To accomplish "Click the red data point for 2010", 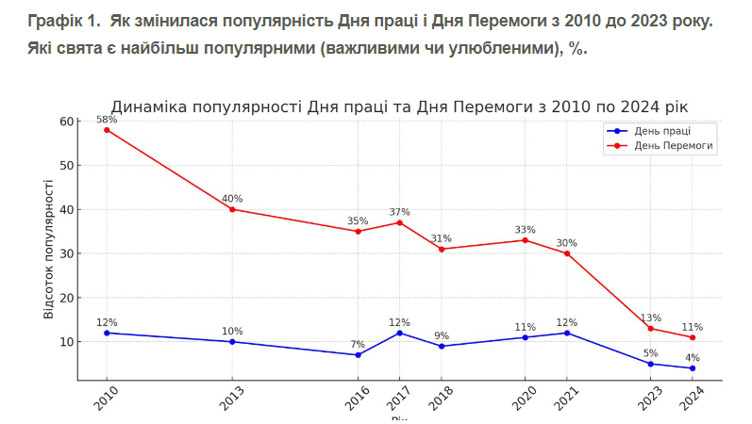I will pyautogui.click(x=107, y=129).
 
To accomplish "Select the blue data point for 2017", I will pyautogui.click(x=399, y=333).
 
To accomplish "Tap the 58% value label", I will pyautogui.click(x=107, y=120).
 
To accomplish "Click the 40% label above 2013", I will pyautogui.click(x=232, y=199).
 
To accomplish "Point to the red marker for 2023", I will pyautogui.click(x=650, y=328).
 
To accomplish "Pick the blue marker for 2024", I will pyautogui.click(x=692, y=367).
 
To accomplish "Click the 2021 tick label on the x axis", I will pyautogui.click(x=566, y=400).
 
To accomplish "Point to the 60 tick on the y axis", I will pyautogui.click(x=66, y=122).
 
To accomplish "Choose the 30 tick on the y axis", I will pyautogui.click(x=66, y=253).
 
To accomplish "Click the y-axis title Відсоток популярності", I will pyautogui.click(x=49, y=249).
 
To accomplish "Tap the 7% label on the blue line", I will pyautogui.click(x=358, y=344).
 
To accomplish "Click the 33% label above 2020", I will pyautogui.click(x=525, y=230).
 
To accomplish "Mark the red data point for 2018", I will pyautogui.click(x=441, y=249).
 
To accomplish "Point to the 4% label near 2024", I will pyautogui.click(x=692, y=357).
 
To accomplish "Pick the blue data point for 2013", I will pyautogui.click(x=232, y=341).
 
